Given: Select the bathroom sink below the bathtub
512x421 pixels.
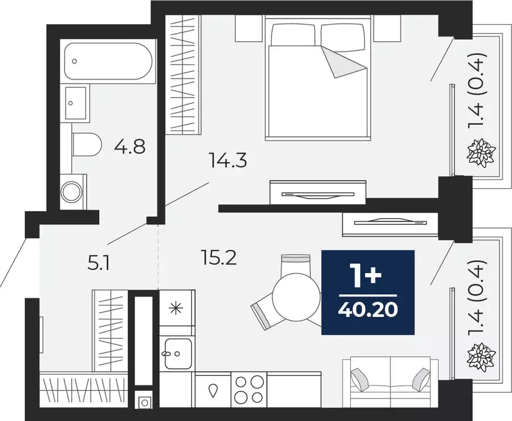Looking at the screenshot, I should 76,103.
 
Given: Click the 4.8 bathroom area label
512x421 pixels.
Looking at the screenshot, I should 130,146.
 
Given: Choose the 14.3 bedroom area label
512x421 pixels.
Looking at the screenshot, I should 227,161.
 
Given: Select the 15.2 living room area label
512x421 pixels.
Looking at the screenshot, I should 218,257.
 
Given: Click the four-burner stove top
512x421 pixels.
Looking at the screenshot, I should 249,389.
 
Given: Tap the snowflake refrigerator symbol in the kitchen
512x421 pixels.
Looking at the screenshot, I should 177,308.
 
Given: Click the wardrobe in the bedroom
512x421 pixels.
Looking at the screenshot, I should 184,74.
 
